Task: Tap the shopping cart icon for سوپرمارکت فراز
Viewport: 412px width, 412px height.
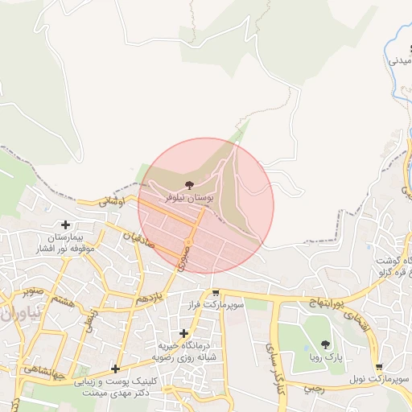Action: tap(215, 294)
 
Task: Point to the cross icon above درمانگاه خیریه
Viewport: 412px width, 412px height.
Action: tap(184, 332)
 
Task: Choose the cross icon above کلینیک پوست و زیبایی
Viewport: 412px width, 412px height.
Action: tap(116, 369)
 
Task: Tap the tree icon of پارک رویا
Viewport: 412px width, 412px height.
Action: tap(325, 344)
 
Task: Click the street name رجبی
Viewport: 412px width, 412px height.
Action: tap(312, 387)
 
